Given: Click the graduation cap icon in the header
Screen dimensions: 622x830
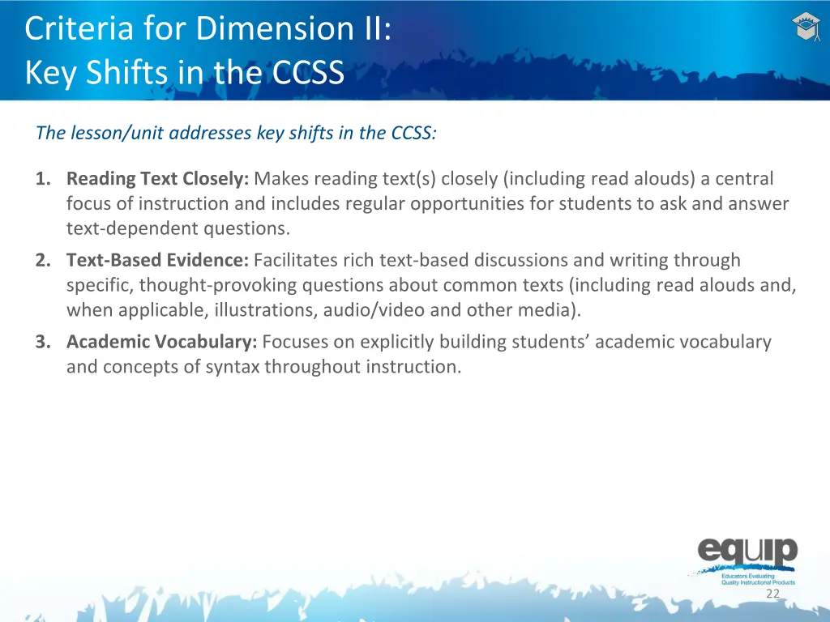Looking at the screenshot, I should click(x=806, y=28).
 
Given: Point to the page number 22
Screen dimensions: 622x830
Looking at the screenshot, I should click(x=772, y=594).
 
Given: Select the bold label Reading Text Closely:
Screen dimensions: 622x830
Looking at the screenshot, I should click(x=157, y=178).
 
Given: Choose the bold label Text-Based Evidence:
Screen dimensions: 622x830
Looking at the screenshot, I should click(x=157, y=260).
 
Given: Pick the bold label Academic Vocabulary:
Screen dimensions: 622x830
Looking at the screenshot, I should click(x=161, y=342).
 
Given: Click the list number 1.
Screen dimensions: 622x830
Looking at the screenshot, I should click(x=41, y=178).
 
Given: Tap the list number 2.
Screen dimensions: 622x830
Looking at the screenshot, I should click(x=41, y=260).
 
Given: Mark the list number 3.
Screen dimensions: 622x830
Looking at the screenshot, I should click(x=41, y=342).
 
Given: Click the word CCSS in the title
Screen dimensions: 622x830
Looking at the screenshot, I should click(x=308, y=74).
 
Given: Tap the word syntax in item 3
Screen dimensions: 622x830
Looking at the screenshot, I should click(x=233, y=367).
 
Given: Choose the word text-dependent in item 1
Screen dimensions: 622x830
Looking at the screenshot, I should click(x=118, y=228).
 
